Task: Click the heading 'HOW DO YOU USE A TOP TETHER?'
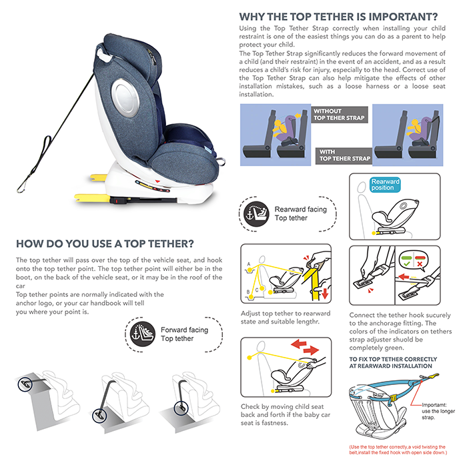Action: coord(105,243)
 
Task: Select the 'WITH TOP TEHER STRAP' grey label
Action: coord(344,155)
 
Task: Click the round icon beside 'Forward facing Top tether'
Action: coord(141,334)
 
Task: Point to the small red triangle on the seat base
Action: coord(157,180)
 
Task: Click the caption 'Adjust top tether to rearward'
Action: coord(286,314)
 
